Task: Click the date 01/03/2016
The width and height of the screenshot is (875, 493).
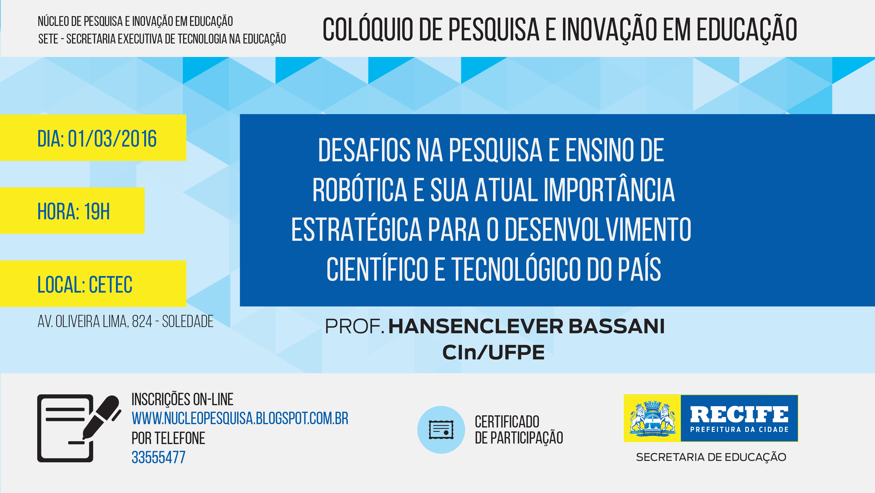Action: click(x=112, y=139)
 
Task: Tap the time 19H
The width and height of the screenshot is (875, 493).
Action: click(x=97, y=211)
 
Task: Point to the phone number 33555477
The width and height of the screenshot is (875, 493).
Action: click(x=158, y=457)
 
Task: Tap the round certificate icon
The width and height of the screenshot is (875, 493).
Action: click(x=441, y=430)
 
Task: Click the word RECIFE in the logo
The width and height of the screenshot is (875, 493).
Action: click(x=739, y=415)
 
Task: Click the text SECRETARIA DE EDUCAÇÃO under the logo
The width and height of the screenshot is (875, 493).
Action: click(x=711, y=457)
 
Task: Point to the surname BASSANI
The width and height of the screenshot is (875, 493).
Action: click(x=617, y=326)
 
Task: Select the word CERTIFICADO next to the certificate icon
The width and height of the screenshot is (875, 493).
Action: click(x=507, y=422)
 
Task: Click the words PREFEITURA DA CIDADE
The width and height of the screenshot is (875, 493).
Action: click(x=739, y=430)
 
